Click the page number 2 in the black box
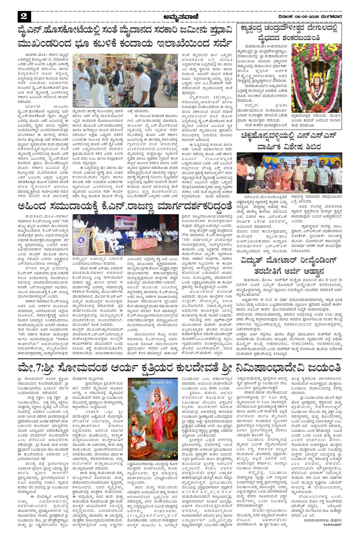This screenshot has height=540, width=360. click(24, 17)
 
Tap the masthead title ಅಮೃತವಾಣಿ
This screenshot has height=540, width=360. click(181, 17)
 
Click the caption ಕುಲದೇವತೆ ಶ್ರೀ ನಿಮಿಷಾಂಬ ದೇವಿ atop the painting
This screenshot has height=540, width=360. click(153, 382)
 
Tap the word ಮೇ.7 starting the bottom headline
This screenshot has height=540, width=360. click(30, 367)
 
